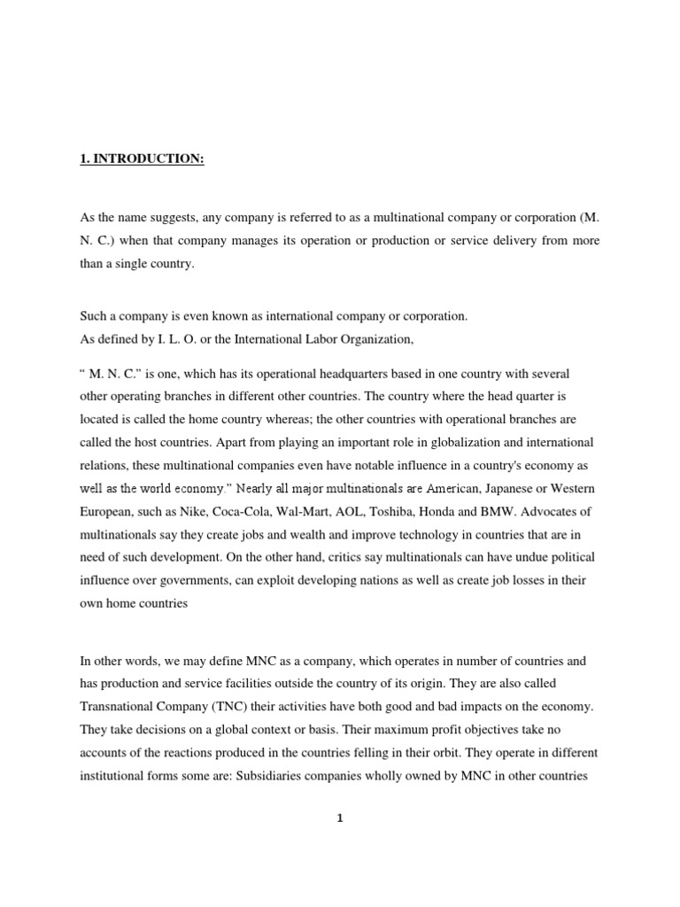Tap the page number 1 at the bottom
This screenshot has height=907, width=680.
[339, 818]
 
